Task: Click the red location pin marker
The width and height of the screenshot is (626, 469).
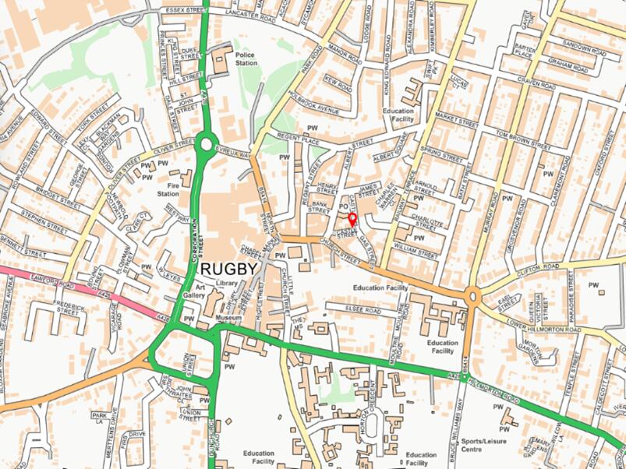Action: (x=352, y=220)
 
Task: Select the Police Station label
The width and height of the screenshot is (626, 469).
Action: (x=246, y=60)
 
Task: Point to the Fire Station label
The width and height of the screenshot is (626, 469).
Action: (x=168, y=189)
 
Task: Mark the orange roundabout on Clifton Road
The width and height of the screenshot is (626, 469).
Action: (x=472, y=296)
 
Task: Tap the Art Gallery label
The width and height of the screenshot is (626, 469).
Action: (x=194, y=291)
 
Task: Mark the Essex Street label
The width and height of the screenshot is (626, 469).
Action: (x=185, y=11)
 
